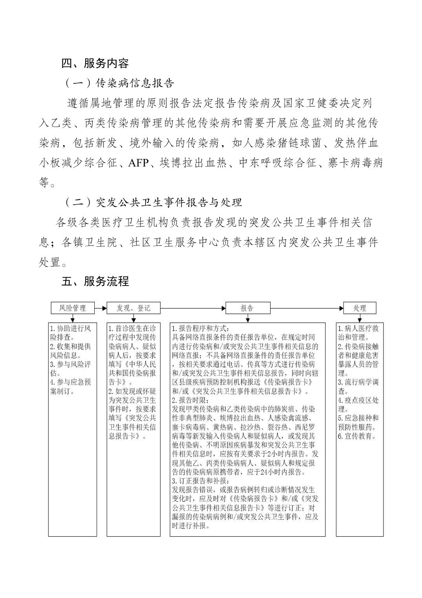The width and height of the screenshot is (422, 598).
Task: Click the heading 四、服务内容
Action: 95,63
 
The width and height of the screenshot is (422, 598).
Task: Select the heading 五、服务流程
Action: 95,282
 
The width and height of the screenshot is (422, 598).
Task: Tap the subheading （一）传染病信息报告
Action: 119,83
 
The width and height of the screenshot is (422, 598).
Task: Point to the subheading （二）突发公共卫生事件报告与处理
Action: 153,202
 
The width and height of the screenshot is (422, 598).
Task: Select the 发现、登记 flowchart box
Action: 134,308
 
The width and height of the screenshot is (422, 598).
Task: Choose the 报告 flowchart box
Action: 248,308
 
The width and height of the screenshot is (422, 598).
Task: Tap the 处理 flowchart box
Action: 360,308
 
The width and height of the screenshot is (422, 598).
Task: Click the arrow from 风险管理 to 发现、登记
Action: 101,308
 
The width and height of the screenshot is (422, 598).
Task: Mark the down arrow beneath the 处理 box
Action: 360,318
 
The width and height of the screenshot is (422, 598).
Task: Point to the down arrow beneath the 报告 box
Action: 248,318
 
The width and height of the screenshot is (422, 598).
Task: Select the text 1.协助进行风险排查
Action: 71,333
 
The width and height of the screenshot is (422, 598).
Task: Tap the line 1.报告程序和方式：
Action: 200,329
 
